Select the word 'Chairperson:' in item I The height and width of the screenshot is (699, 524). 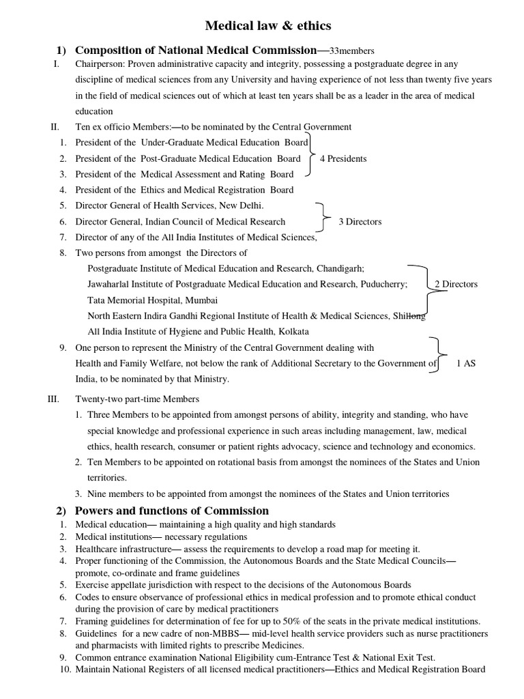(98, 64)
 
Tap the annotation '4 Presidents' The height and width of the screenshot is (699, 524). (343, 158)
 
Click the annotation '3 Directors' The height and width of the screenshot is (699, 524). (360, 221)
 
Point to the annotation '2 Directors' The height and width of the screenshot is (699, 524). (456, 284)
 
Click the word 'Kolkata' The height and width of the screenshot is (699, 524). (293, 332)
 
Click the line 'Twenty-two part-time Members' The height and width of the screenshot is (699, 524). (136, 399)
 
